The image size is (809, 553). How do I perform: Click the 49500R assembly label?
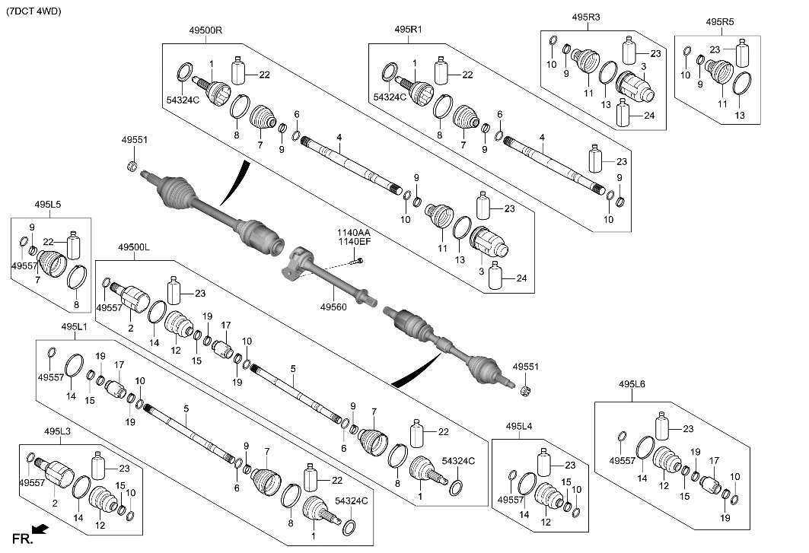click(x=205, y=30)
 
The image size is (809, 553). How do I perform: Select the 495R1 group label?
click(x=408, y=30)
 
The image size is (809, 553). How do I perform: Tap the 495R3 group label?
click(x=586, y=16)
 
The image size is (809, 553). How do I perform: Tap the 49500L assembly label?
click(x=134, y=248)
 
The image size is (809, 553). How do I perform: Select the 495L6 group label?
click(x=632, y=385)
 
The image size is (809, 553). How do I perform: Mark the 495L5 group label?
click(x=47, y=204)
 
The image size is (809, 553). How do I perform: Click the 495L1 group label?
click(x=74, y=326)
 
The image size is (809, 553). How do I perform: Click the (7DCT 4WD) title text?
click(x=33, y=12)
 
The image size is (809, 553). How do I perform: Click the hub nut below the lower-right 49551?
click(x=525, y=391)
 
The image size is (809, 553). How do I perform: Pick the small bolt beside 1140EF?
click(x=359, y=261)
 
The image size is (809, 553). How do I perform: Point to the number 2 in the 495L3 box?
click(x=54, y=504)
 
